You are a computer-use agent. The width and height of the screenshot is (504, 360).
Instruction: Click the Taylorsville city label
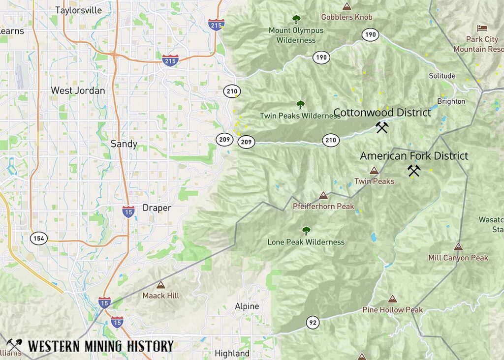[79, 10]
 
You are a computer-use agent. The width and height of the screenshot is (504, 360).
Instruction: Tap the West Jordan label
[78, 90]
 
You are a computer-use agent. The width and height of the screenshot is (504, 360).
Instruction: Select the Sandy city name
[124, 144]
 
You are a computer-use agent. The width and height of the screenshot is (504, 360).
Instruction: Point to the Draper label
[157, 208]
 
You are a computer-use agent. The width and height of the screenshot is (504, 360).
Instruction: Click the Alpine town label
[247, 306]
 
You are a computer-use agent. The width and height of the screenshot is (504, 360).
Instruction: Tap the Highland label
[232, 354]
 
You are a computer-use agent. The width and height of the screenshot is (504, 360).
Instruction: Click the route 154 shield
[39, 239]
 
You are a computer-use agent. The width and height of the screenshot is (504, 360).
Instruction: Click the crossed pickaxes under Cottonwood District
[382, 128]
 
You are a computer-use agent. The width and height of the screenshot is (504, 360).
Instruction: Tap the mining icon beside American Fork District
[414, 171]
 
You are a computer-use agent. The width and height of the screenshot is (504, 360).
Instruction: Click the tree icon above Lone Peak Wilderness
[306, 231]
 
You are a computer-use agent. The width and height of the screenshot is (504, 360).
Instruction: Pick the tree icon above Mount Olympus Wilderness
[296, 20]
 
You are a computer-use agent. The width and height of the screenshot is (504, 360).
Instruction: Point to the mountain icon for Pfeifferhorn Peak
[323, 196]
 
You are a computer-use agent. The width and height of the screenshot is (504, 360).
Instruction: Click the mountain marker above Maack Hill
[160, 285]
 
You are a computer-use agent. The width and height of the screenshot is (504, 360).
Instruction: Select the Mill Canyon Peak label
[458, 258]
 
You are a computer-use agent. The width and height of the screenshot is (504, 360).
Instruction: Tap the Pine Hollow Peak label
[392, 310]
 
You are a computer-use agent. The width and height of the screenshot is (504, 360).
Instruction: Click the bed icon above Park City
[482, 28]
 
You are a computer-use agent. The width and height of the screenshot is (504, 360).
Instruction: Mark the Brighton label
[451, 101]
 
